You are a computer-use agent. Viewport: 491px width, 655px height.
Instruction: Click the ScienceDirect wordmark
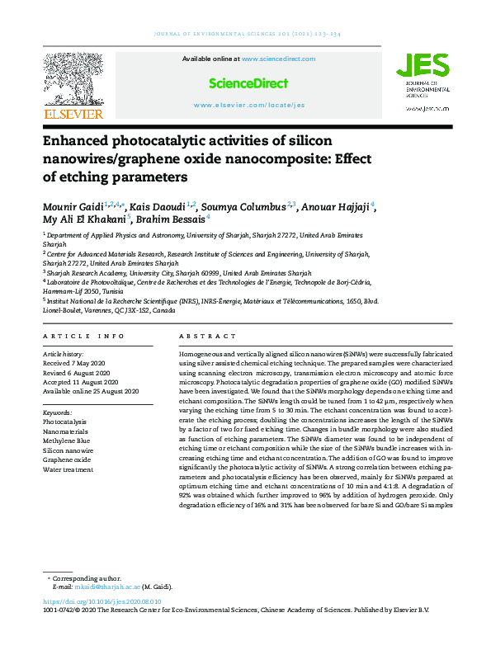pyautogui.click(x=248, y=83)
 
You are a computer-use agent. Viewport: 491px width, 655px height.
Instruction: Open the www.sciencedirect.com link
pyautogui.click(x=278, y=59)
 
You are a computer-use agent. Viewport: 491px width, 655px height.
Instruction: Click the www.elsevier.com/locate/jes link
pyautogui.click(x=249, y=106)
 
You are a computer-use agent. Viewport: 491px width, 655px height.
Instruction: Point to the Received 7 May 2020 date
pyautogui.click(x=76, y=363)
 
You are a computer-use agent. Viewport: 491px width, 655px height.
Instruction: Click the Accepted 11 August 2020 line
pyautogui.click(x=79, y=382)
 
